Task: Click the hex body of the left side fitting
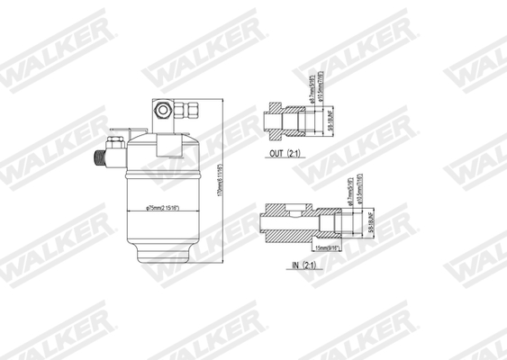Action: pos(114,146)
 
